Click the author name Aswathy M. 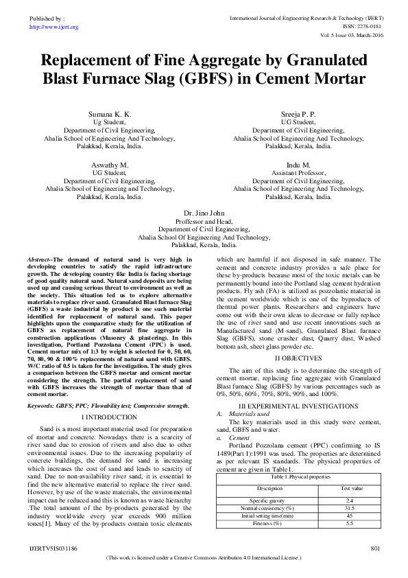click(109, 165)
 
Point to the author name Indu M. click(298, 165)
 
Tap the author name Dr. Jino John click(204, 213)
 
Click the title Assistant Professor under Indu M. click(298, 174)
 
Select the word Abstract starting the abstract click(39, 259)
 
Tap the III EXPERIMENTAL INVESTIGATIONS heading click(298, 406)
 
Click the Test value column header click(350, 488)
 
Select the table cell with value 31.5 click(350, 508)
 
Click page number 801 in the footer click(375, 548)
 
